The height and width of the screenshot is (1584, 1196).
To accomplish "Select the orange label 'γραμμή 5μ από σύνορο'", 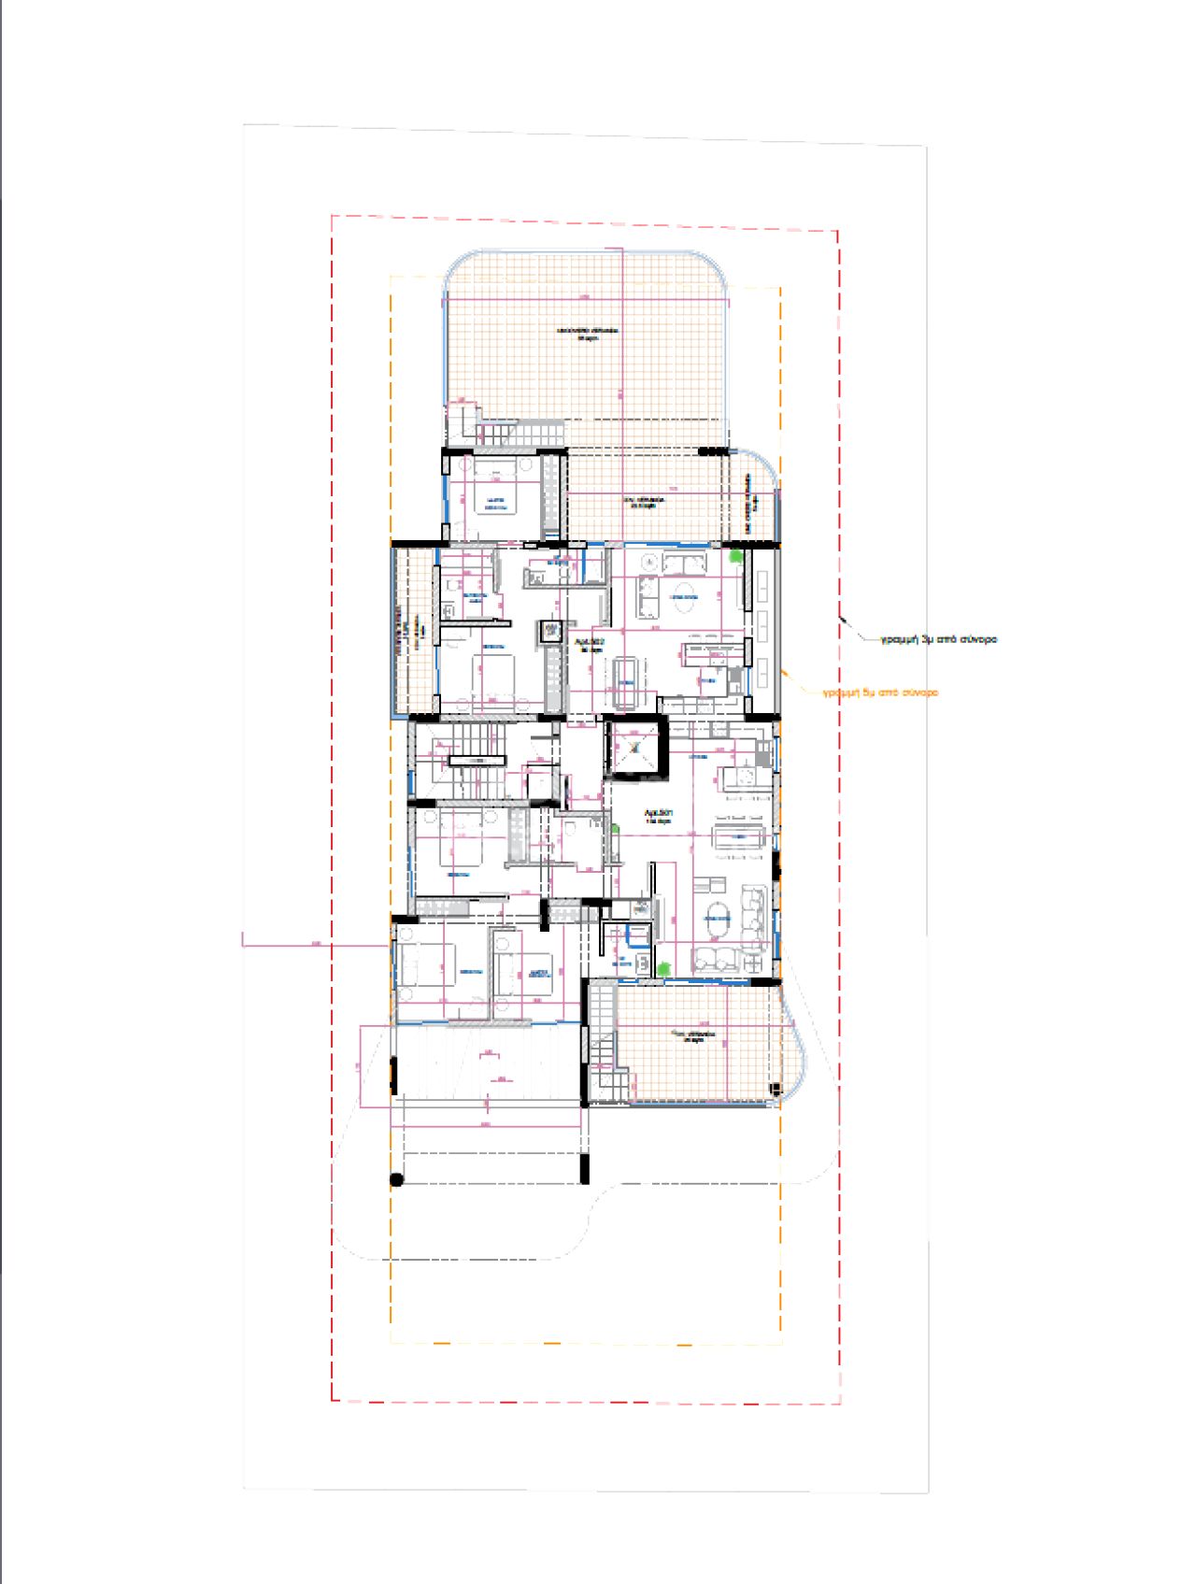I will tap(880, 693).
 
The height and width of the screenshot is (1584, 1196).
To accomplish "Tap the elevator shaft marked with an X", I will tap(635, 748).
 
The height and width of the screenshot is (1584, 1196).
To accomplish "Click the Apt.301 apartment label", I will tap(658, 817).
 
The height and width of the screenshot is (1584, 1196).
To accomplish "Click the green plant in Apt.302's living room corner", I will tap(737, 557).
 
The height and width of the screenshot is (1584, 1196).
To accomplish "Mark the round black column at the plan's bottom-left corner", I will tap(396, 1179).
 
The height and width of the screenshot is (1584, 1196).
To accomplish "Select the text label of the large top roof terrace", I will tap(587, 334).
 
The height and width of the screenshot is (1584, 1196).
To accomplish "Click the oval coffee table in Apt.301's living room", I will tap(719, 918).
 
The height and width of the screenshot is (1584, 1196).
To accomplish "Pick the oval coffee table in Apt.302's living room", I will tap(683, 596).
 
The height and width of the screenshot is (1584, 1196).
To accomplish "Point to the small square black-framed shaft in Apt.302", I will tap(549, 632).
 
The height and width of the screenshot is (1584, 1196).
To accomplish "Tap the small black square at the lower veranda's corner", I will tap(774, 1089).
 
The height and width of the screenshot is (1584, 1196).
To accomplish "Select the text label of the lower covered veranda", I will tap(694, 1036).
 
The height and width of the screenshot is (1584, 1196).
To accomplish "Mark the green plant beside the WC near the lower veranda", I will tap(663, 969).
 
